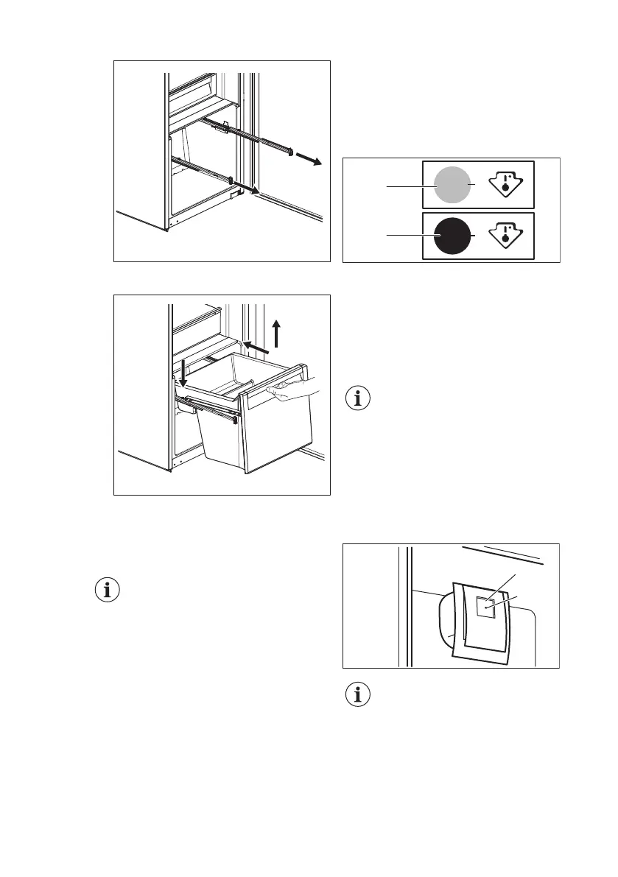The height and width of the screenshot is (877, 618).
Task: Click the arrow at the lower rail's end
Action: (x=252, y=190)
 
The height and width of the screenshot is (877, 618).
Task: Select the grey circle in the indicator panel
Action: (x=450, y=184)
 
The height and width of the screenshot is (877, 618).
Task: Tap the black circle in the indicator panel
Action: (x=450, y=236)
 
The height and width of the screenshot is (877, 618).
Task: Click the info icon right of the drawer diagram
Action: (x=359, y=400)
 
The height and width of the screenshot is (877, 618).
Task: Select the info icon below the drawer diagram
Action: (x=108, y=590)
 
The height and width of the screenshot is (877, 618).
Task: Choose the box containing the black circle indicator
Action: (x=477, y=236)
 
